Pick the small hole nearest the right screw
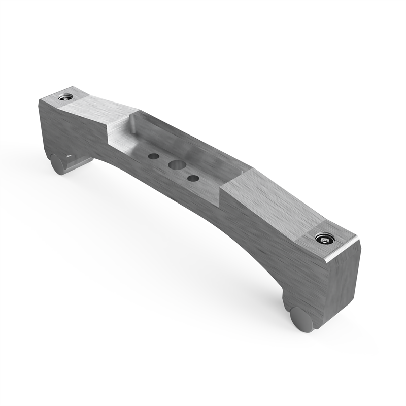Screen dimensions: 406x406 [193, 178]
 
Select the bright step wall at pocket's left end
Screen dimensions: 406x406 [119, 133]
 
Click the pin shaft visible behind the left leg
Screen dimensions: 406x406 [79, 162]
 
